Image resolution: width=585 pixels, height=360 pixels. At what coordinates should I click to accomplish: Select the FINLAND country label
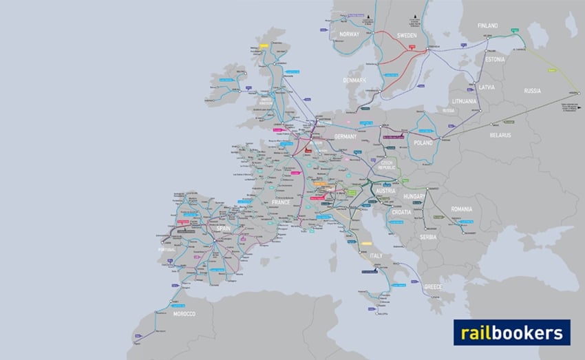(x=487, y=25)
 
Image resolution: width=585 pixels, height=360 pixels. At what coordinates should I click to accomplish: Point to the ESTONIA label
(x=494, y=59)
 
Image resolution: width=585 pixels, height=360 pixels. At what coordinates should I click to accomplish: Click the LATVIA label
(x=487, y=87)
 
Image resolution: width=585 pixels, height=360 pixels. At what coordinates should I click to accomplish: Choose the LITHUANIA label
(x=465, y=101)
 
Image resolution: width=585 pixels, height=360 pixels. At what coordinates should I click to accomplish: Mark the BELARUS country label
(x=500, y=135)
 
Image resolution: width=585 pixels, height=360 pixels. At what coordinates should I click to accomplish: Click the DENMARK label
(x=354, y=81)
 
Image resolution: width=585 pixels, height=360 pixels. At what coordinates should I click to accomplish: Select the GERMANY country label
(x=345, y=137)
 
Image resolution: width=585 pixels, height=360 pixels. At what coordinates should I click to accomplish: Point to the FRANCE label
(x=281, y=204)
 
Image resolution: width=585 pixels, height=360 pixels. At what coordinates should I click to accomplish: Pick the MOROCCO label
(x=184, y=314)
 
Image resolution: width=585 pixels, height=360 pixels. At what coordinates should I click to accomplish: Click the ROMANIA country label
(x=462, y=209)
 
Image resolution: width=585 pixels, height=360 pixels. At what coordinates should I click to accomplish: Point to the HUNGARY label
(x=415, y=196)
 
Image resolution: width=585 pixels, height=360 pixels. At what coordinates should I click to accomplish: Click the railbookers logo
(x=511, y=332)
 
